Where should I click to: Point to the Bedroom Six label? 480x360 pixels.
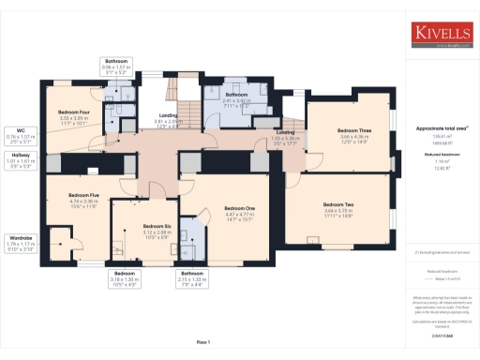pos(157,227)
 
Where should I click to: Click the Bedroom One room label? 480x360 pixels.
pos(240,212)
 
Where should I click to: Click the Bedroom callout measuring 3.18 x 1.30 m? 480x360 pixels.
pos(125,279)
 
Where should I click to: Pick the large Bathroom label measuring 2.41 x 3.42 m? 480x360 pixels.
pos(236,97)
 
